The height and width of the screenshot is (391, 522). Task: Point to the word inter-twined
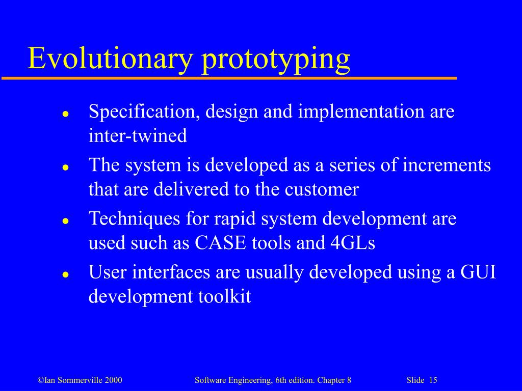[138, 136]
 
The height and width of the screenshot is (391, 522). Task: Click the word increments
[447, 165]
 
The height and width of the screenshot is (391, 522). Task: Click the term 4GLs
[350, 243]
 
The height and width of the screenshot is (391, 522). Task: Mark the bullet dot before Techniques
[65, 220]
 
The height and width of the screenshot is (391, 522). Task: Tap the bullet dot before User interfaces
[65, 274]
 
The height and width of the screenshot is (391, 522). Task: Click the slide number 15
[433, 381]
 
